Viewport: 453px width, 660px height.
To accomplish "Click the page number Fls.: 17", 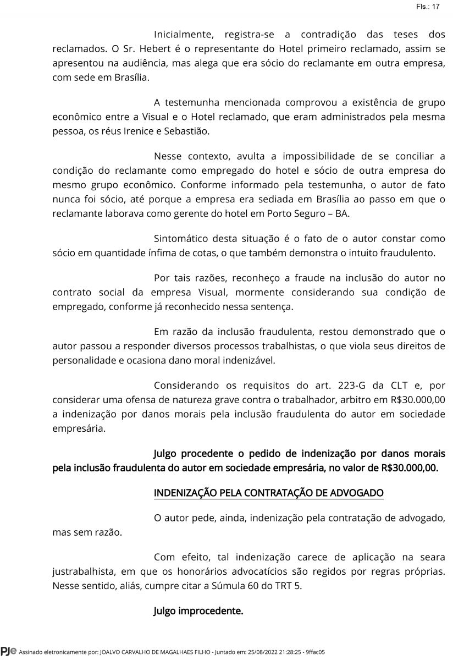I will [428, 7].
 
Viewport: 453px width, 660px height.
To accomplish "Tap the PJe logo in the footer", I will [8, 651].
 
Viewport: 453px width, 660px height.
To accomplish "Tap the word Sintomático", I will [183, 239].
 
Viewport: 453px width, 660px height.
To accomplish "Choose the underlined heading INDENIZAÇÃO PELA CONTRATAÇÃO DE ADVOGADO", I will [268, 492].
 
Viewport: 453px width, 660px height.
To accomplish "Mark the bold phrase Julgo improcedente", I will [198, 610].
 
